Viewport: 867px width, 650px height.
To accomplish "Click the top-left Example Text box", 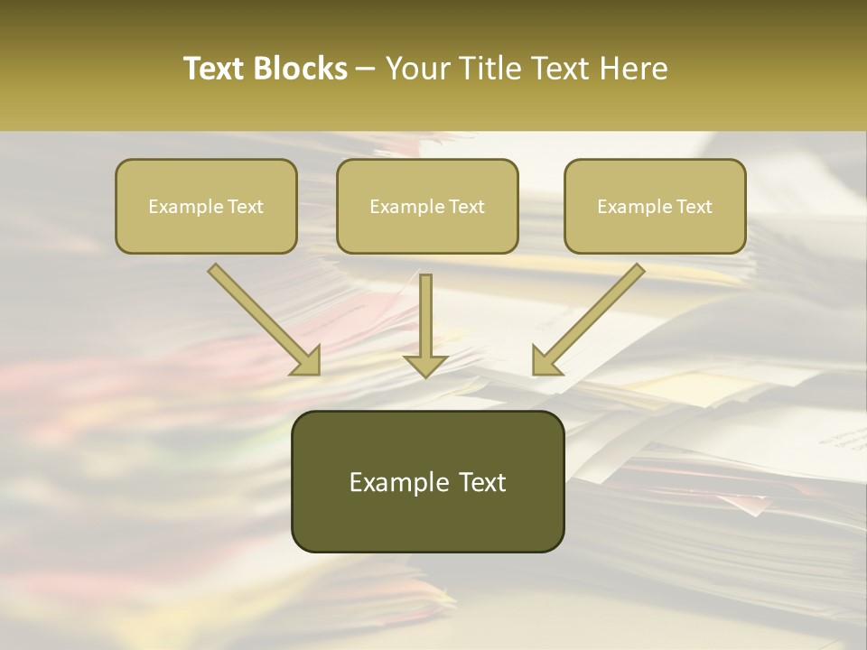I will [206, 206].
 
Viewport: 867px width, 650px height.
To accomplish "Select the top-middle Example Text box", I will [427, 206].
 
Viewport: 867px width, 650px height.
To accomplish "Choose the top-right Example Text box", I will [655, 206].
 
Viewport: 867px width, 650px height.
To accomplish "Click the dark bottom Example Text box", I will [427, 481].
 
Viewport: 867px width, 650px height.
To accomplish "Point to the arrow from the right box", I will [589, 318].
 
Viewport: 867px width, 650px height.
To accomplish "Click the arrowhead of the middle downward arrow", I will [425, 364].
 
